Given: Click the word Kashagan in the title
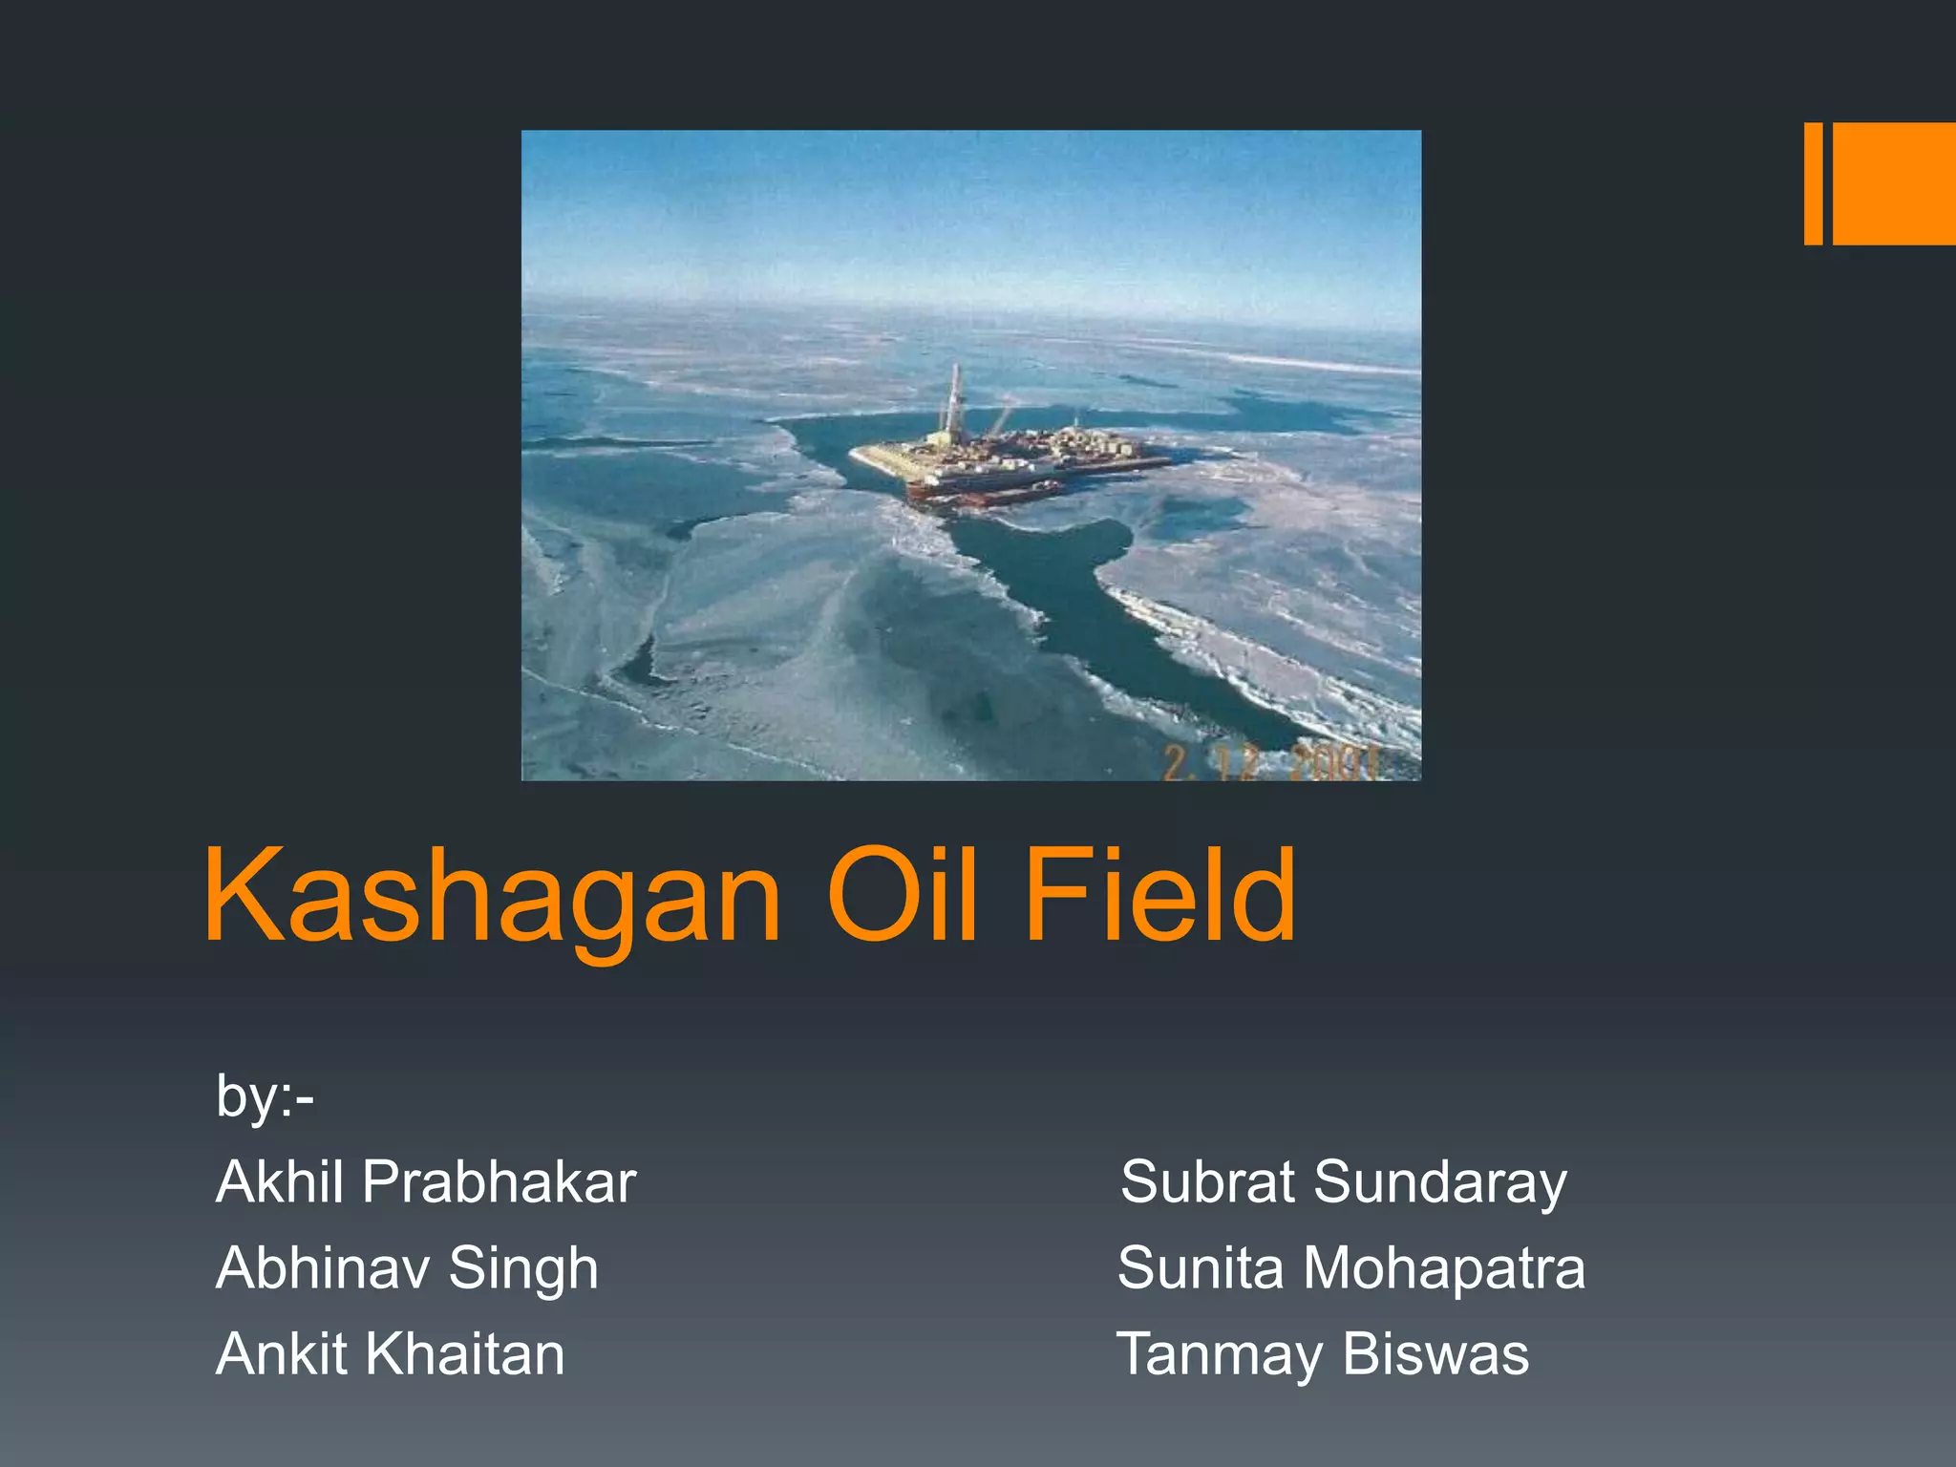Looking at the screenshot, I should point(492,898).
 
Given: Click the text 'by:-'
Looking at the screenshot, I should point(265,1095).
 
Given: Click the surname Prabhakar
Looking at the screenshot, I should point(500,1181).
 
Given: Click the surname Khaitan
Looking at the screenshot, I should point(465,1353).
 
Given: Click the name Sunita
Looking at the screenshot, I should point(1201,1267).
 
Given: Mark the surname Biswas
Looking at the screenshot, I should point(1435,1353).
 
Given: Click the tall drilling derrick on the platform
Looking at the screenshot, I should point(953,401).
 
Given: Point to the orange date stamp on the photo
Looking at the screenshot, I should point(1270,762).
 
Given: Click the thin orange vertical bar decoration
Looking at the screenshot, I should point(1813,183).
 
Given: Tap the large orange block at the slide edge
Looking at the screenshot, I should point(1894,183).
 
